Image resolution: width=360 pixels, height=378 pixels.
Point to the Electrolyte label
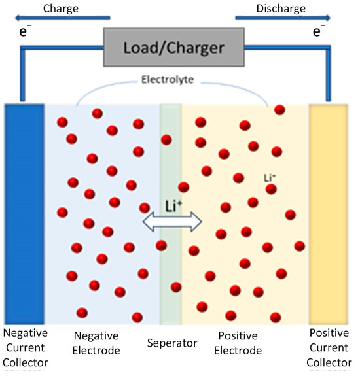(x=172, y=82)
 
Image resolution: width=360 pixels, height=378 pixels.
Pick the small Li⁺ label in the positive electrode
(x=269, y=177)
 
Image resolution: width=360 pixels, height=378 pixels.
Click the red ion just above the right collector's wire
(x=279, y=109)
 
